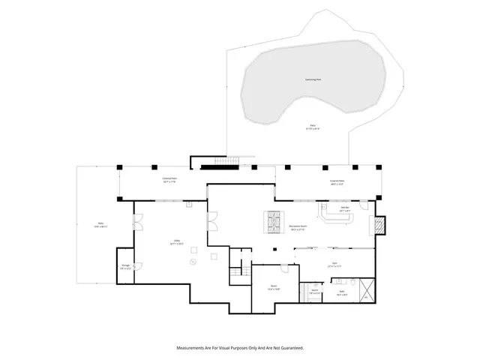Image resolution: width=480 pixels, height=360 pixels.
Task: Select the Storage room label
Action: pyautogui.click(x=125, y=268)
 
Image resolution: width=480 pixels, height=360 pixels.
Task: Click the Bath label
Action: pyautogui.click(x=342, y=294)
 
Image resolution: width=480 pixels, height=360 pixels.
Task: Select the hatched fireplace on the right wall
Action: pyautogui.click(x=379, y=224)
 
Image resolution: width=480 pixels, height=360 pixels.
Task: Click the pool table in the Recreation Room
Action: pyautogui.click(x=271, y=222)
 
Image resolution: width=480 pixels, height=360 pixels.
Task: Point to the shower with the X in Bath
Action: pyautogui.click(x=365, y=289)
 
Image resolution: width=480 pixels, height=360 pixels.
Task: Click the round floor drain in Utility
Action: pyautogui.click(x=193, y=262)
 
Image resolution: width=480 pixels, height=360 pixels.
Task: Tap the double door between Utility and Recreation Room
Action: pyautogui.click(x=213, y=220)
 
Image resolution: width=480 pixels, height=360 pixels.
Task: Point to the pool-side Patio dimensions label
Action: pyautogui.click(x=312, y=127)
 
